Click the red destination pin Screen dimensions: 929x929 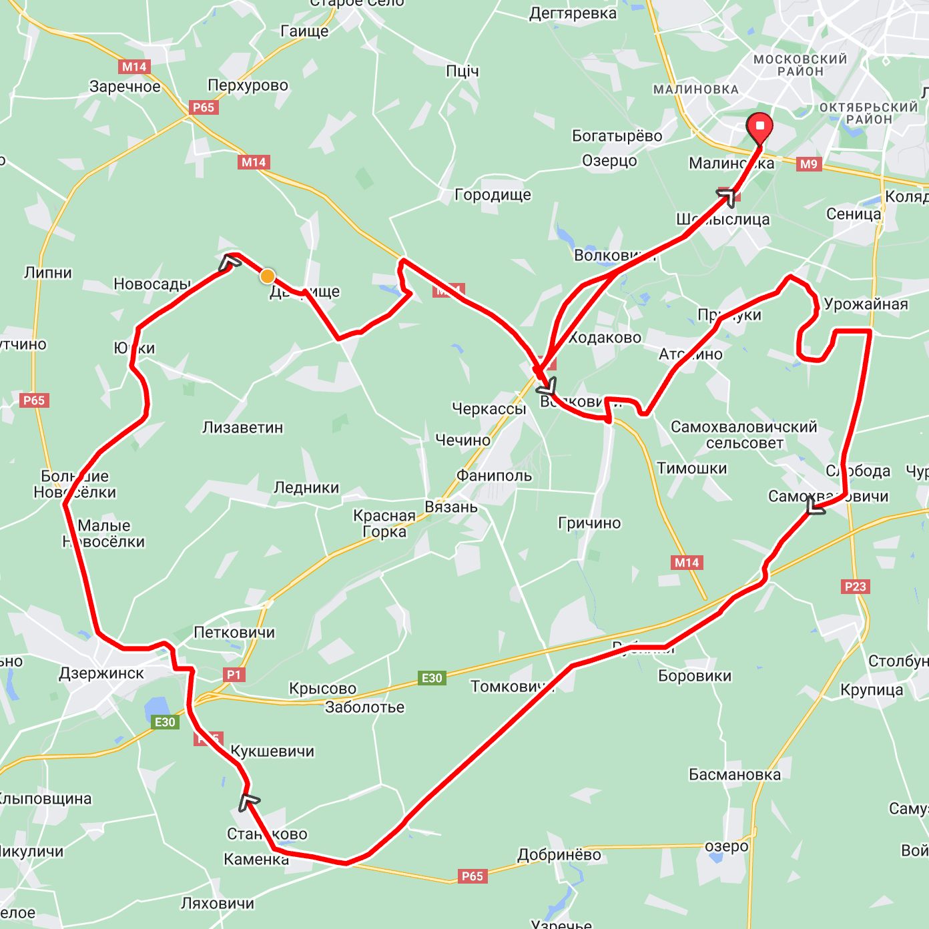coord(759,127)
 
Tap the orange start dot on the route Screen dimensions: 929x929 coord(268,276)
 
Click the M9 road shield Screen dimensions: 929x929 coord(808,164)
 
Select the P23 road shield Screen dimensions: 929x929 coord(855,587)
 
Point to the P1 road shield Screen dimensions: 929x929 coord(234,675)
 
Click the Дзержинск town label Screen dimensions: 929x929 coord(101,673)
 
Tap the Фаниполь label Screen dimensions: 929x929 coord(494,476)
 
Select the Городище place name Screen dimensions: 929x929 coord(493,195)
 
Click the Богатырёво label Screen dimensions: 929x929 coord(617,136)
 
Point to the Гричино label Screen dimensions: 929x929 coord(589,523)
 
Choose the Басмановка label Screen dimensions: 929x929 coord(734,775)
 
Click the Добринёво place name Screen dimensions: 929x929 coord(559,855)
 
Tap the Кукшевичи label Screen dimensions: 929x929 coord(272,751)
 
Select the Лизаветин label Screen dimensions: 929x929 coord(243,428)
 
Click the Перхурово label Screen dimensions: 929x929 coord(248,85)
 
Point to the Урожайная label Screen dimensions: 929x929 coord(866,304)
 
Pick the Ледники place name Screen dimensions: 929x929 coord(306,488)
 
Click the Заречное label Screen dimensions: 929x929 coord(125,87)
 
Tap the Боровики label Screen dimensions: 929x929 coord(695,676)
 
